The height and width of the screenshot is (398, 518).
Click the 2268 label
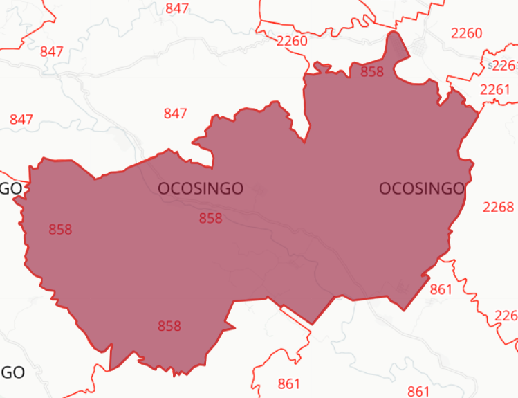click(x=498, y=207)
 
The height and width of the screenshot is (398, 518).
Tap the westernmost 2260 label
click(x=291, y=41)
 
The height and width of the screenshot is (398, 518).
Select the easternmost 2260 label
click(x=466, y=33)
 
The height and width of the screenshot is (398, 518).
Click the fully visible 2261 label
click(x=494, y=89)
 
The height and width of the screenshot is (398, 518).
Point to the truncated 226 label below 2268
click(x=506, y=316)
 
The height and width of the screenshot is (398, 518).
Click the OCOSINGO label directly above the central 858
click(x=201, y=188)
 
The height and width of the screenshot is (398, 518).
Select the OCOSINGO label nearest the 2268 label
click(x=422, y=188)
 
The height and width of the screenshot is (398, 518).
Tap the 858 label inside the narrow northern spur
click(x=372, y=71)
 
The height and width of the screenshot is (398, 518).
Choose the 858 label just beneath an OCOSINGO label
click(x=210, y=218)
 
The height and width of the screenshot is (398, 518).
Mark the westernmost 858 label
click(x=60, y=229)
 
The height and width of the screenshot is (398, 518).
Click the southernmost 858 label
click(x=169, y=325)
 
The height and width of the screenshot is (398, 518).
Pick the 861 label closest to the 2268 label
click(x=441, y=289)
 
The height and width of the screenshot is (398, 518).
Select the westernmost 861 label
click(x=289, y=383)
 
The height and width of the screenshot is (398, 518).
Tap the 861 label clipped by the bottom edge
click(x=418, y=392)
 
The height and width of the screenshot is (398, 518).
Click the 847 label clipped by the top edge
click(x=178, y=8)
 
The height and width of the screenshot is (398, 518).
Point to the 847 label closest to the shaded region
click(x=175, y=114)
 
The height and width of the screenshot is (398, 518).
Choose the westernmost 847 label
click(x=21, y=119)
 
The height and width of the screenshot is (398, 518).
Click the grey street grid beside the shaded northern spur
click(x=420, y=48)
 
